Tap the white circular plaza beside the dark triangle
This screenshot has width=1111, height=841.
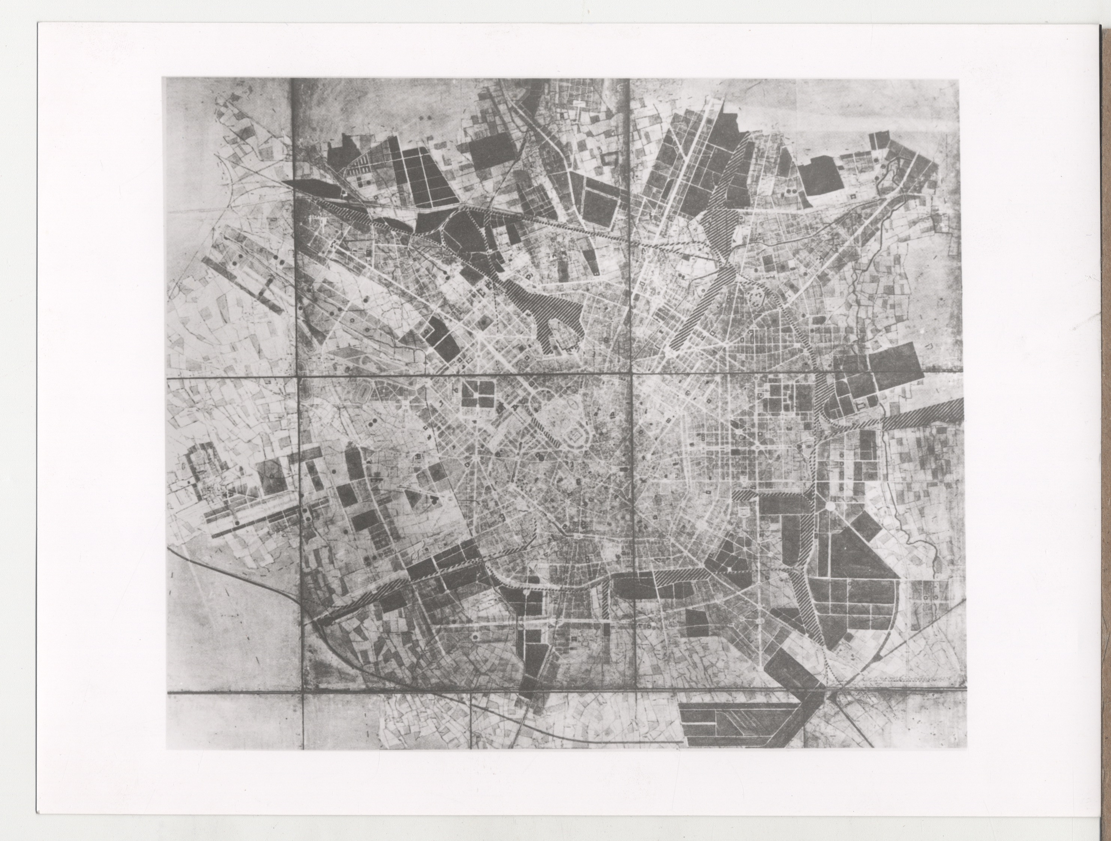coord(829,506)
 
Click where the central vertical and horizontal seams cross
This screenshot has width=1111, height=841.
coord(631,373)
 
